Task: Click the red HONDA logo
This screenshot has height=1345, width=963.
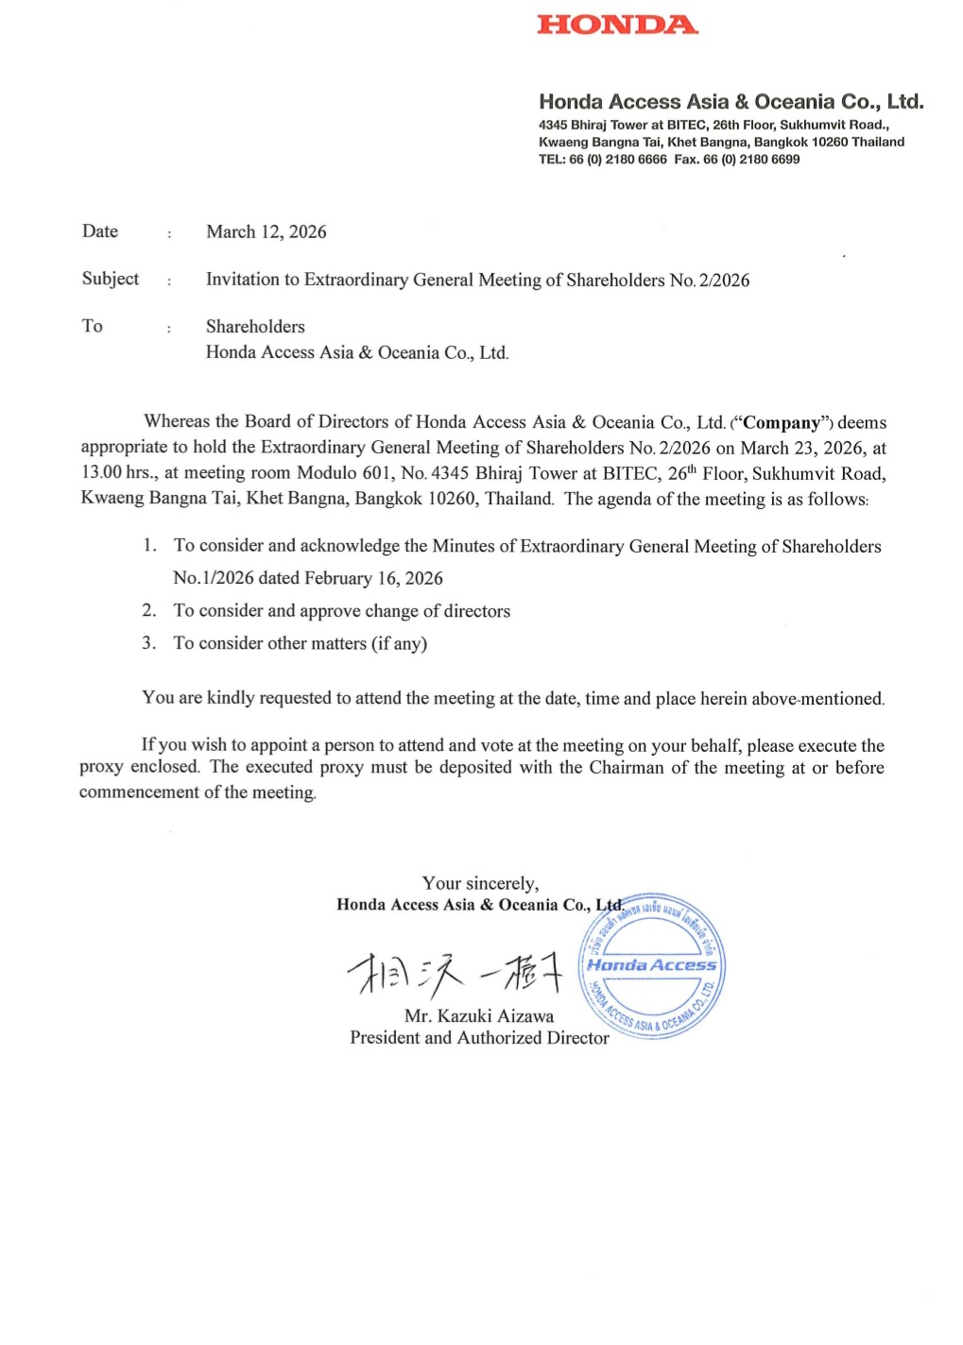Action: (x=617, y=25)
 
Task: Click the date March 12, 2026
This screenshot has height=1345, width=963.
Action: (x=267, y=232)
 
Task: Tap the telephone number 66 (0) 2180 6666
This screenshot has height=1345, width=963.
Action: (x=618, y=160)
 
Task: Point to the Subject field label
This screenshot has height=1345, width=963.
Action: (x=111, y=279)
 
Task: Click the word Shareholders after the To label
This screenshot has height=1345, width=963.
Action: (x=255, y=327)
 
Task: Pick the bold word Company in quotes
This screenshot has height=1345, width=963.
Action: (x=782, y=423)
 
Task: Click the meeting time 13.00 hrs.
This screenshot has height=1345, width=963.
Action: (x=118, y=473)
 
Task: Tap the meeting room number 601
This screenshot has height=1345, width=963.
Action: (x=376, y=473)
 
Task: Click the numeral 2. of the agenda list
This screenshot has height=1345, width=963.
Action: (x=149, y=611)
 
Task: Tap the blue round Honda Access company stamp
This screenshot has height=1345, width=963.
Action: (x=652, y=965)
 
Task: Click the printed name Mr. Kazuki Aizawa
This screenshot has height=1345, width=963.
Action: (x=479, y=1016)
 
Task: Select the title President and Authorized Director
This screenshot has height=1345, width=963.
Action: (x=479, y=1038)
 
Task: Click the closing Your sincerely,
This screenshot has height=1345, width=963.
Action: (x=480, y=883)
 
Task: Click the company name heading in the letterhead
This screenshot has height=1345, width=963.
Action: (x=731, y=102)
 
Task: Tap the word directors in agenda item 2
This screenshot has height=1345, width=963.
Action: (x=477, y=611)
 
